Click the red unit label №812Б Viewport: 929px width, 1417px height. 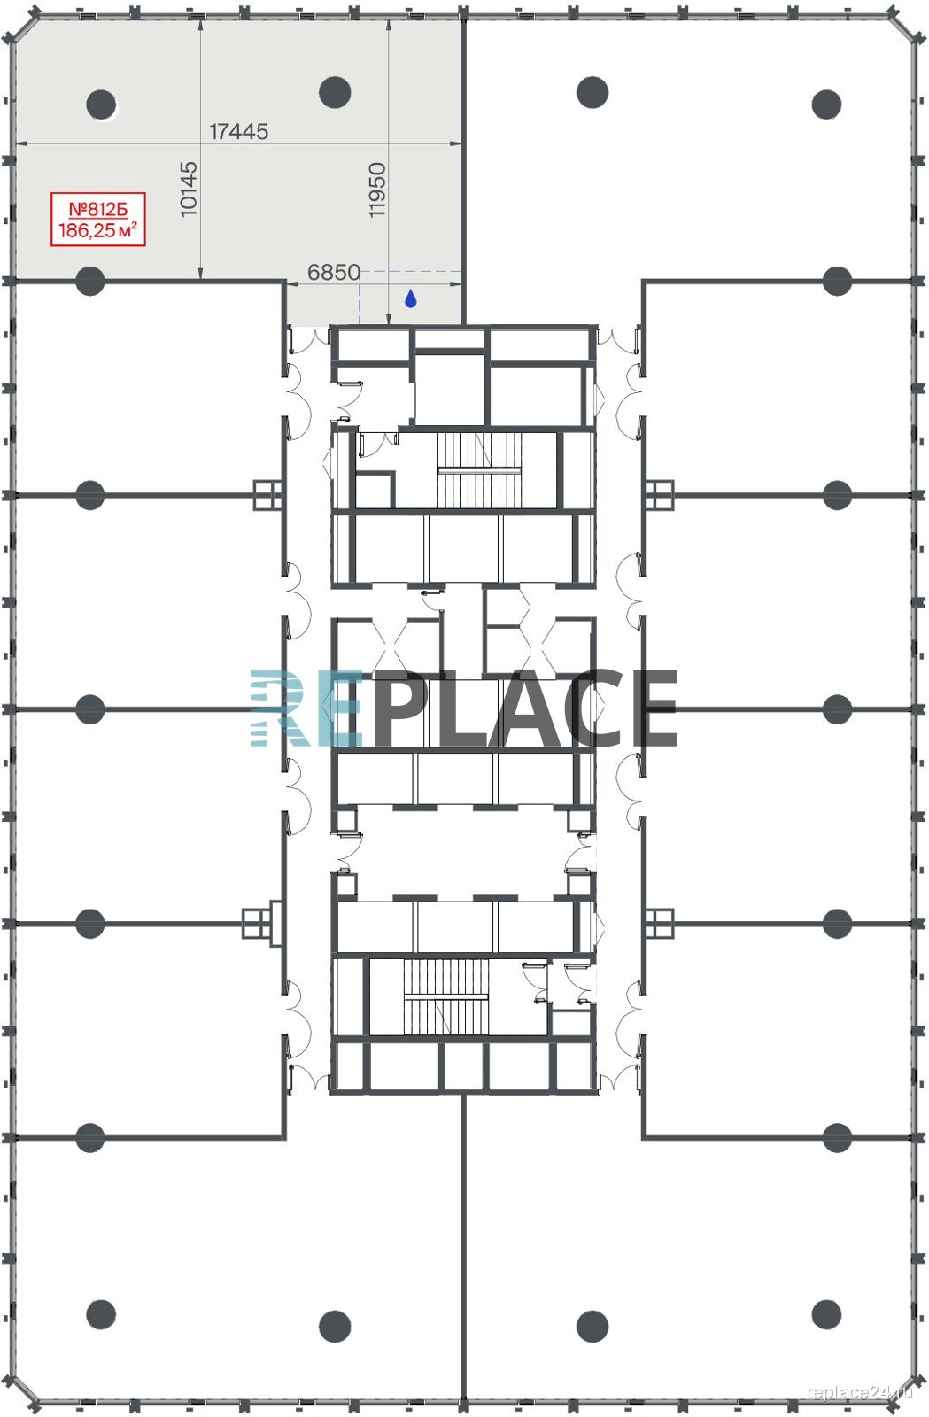point(98,209)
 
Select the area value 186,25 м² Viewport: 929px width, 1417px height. point(98,230)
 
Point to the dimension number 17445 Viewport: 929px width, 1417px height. point(239,132)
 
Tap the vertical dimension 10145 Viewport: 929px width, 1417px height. point(189,190)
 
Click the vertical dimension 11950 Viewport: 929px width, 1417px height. point(377,190)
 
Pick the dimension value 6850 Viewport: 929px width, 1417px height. point(334,272)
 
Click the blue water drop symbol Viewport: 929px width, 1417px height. point(410,298)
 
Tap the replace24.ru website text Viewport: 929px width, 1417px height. point(860,1391)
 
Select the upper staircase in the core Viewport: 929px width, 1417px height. point(480,470)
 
